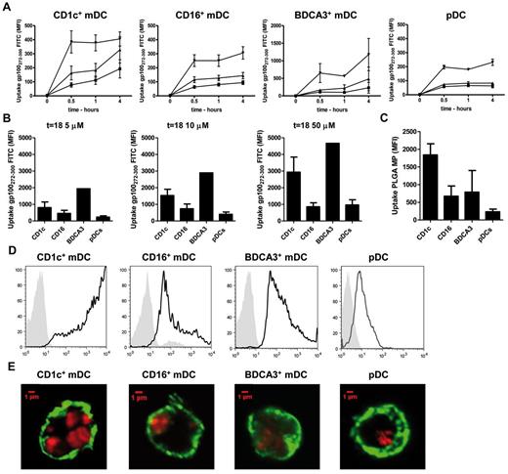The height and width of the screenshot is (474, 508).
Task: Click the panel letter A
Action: pos(7,7)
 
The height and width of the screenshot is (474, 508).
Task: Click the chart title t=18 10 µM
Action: pos(179,122)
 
